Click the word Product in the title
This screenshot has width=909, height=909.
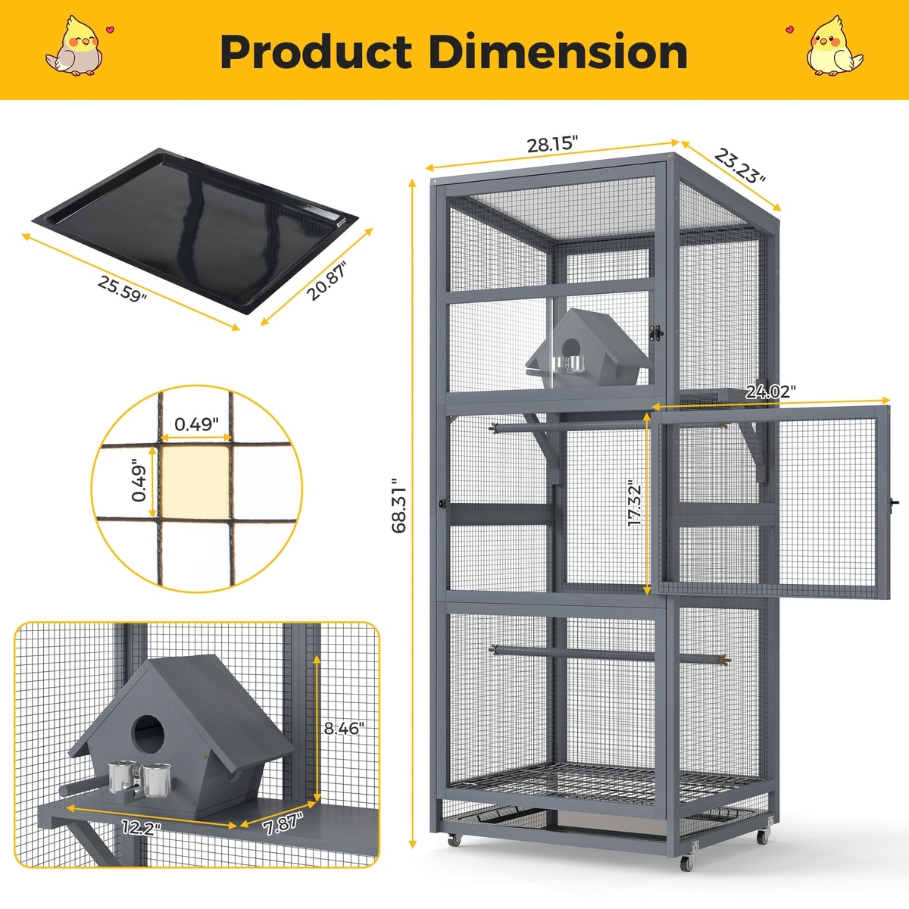(x=316, y=52)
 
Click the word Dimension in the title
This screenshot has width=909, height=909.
(x=558, y=52)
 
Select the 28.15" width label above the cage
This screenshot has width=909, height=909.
(x=552, y=144)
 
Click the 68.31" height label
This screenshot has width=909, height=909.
(x=399, y=505)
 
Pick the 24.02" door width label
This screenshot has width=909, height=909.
(x=770, y=391)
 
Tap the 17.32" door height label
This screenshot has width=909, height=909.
(x=635, y=503)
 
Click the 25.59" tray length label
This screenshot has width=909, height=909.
(x=122, y=289)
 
